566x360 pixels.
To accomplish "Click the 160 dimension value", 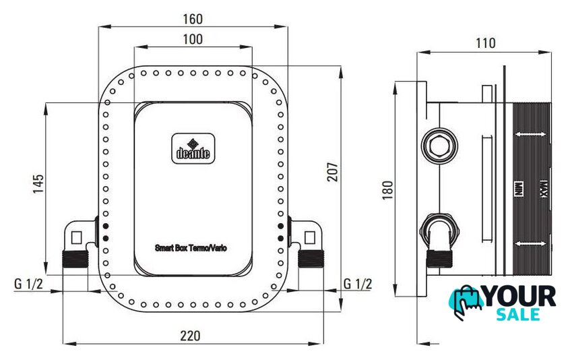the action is pos(193,19).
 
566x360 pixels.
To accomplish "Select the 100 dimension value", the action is pos(193,39).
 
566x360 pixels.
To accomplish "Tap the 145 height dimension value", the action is pos(38,184).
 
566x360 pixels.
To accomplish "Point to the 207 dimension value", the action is pos(332,172).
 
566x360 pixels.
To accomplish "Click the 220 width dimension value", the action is pos(190,336).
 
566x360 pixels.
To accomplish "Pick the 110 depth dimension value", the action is pos(486,43).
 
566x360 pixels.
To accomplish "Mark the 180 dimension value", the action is pos(387,190).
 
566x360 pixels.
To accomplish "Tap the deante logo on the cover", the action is pos(193,148).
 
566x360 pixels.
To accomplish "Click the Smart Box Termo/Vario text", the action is pos(191,248).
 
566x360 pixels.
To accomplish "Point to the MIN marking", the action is pos(518,189).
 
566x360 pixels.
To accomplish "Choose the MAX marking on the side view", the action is pos(544,189).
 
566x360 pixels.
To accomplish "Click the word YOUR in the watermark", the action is pos(520,297).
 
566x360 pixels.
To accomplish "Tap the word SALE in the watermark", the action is pos(518,314).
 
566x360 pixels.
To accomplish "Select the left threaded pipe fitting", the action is pos(75,259).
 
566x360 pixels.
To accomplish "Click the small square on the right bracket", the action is pos(310,238).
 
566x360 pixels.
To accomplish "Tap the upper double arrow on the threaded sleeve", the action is pos(530,134).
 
